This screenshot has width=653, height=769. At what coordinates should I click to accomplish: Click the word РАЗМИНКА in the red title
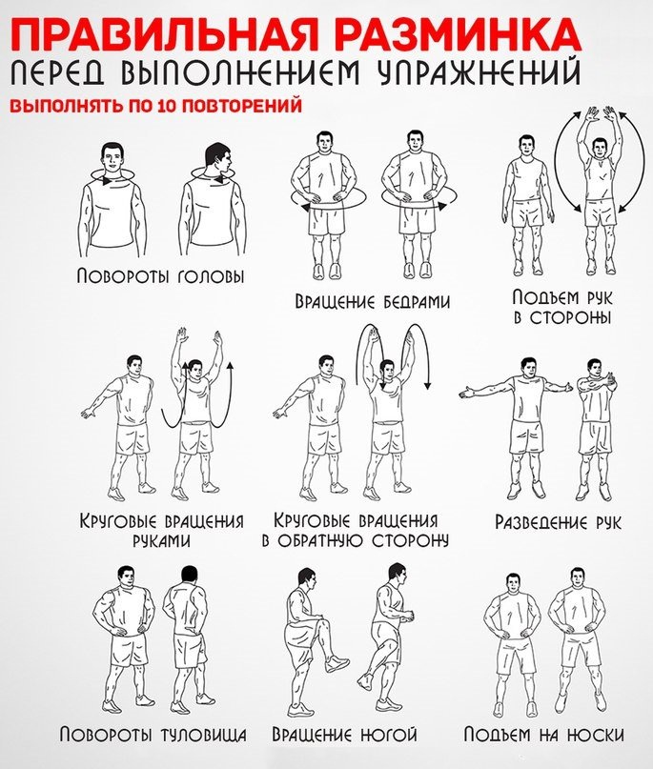click(x=473, y=34)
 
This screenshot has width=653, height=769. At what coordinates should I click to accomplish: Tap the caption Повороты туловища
click(x=153, y=735)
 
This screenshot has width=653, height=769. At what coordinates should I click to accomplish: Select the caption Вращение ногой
click(x=344, y=735)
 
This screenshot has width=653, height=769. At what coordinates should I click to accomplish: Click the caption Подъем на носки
click(x=544, y=735)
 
